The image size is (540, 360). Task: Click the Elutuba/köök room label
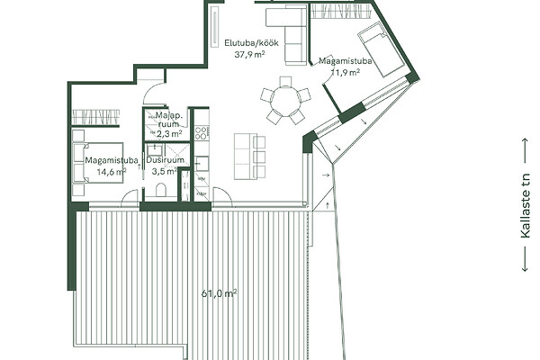251,43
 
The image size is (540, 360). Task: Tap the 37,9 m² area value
249,54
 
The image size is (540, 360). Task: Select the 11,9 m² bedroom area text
346,72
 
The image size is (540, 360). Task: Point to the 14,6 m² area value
112,172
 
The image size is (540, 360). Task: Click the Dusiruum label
165,160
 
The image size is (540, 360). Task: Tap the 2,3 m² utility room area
169,134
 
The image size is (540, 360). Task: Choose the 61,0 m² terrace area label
219,294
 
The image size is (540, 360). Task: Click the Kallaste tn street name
526,206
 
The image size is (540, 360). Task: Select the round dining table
285,99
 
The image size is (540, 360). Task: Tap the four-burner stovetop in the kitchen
202,133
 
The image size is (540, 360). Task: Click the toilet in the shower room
161,190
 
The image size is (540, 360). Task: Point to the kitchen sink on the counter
201,164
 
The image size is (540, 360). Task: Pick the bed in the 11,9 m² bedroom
381,49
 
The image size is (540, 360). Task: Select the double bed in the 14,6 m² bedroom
98,162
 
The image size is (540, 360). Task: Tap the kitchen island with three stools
249,157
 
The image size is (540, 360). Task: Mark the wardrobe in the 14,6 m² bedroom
95,118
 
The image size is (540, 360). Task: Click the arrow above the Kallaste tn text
526,150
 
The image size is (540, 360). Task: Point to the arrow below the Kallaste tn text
526,258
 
